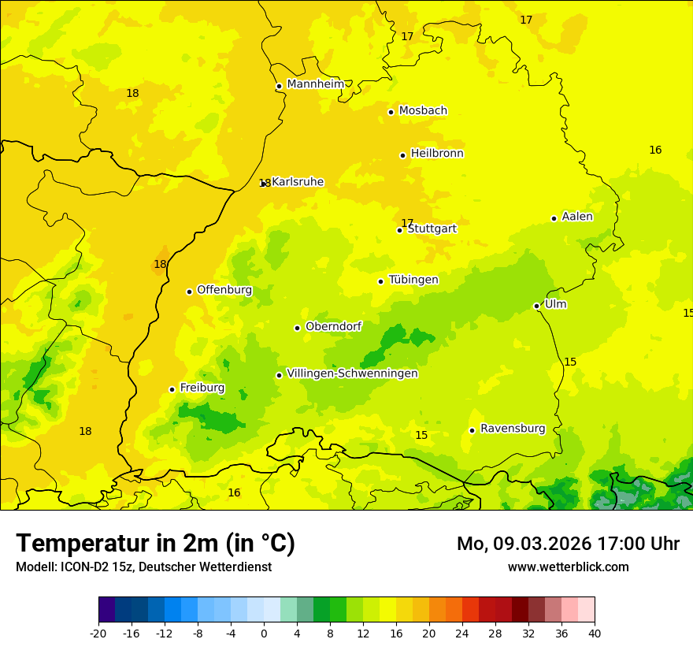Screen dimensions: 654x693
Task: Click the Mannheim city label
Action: click(316, 84)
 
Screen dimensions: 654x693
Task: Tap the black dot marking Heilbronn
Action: click(402, 155)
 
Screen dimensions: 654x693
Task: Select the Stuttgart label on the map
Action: click(432, 229)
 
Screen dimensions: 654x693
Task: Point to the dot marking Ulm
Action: click(536, 306)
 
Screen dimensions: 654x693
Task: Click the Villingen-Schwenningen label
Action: click(352, 373)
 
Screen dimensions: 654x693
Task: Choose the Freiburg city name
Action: click(202, 388)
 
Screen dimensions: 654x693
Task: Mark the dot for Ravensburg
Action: click(472, 430)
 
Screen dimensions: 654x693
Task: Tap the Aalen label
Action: click(577, 217)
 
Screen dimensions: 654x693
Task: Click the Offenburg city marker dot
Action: click(189, 292)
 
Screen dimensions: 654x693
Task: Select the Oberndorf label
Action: click(333, 326)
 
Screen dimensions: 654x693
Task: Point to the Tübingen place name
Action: click(413, 280)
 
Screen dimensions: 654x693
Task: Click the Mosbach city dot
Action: click(391, 112)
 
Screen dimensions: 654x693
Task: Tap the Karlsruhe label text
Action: click(298, 182)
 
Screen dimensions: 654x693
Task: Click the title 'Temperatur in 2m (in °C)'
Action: click(155, 543)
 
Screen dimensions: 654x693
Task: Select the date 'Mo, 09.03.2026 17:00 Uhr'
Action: click(568, 544)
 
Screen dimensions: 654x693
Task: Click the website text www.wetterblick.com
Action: click(568, 567)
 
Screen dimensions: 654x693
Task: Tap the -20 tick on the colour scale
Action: click(98, 633)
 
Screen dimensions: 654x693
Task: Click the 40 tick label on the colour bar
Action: click(594, 633)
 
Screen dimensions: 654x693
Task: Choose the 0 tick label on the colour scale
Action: click(264, 633)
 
